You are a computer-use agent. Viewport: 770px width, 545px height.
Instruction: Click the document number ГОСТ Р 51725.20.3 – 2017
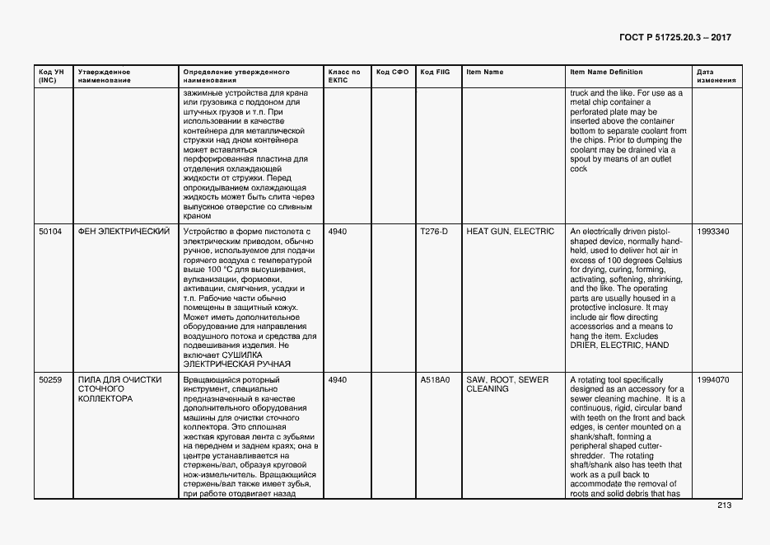coord(674,38)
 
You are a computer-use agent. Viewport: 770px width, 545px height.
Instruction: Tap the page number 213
coord(724,505)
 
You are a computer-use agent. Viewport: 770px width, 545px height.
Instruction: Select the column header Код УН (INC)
coord(46,76)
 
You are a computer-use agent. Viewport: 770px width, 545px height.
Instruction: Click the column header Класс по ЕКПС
coord(343,76)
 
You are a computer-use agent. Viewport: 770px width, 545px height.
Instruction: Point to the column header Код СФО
coord(392,72)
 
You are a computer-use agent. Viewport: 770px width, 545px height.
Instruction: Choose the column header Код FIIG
coord(435,72)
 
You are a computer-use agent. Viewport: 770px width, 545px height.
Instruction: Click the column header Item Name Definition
coord(606,72)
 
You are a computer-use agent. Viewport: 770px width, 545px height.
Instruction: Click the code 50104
coord(50,232)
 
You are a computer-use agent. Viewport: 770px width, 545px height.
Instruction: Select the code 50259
coord(50,380)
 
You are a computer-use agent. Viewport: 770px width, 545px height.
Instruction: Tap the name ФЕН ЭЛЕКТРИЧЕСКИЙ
coord(124,232)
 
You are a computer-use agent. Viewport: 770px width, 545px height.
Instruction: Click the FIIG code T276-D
coord(434,232)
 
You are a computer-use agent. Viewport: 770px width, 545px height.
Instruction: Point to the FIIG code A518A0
coord(435,380)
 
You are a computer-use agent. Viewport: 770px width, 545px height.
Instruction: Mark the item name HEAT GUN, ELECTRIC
coord(510,232)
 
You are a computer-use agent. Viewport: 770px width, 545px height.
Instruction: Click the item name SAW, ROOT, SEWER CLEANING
coord(507,384)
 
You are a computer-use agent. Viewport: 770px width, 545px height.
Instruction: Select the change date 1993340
coord(712,232)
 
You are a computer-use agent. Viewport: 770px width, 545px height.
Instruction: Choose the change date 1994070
coord(712,380)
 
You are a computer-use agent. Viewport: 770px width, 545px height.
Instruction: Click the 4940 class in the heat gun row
coord(338,232)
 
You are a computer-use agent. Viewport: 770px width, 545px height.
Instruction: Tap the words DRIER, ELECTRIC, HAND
coord(619,345)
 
